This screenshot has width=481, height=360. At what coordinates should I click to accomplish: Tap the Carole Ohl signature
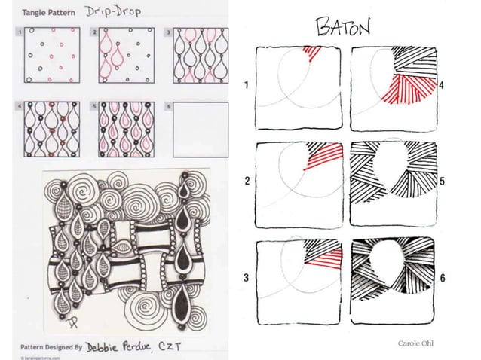[x=419, y=343]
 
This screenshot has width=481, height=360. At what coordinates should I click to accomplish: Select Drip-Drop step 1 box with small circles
[x=50, y=58]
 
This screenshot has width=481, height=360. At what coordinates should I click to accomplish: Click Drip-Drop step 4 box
[x=50, y=130]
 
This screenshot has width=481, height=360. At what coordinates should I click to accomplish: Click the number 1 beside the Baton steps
[x=247, y=85]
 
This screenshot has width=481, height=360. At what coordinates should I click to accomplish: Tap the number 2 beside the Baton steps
[x=247, y=182]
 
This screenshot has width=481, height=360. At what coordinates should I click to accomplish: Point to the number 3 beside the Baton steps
[x=247, y=278]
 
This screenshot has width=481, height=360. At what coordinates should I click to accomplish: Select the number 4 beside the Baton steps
[x=442, y=85]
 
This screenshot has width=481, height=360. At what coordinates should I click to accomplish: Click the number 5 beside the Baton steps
[x=442, y=182]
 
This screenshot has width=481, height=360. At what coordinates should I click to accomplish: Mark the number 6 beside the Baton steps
[x=442, y=278]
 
